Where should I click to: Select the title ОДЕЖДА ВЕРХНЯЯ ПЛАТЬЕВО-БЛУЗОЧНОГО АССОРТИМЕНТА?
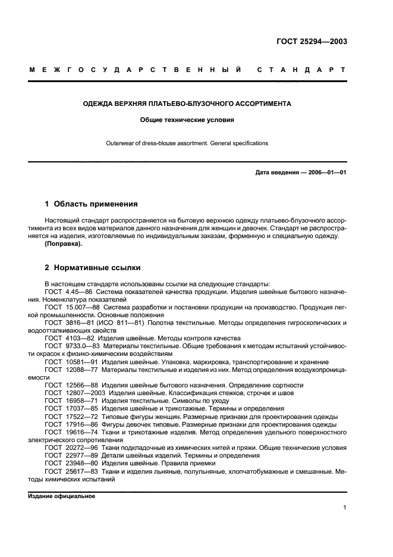[x=187, y=104]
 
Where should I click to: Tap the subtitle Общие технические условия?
[x=187, y=120]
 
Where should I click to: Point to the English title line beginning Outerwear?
[x=187, y=143]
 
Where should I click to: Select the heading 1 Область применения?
[x=92, y=204]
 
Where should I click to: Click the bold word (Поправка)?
[x=64, y=244]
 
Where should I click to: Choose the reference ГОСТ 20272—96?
[x=69, y=447]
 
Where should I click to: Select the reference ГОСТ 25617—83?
[x=69, y=470]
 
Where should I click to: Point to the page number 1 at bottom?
[x=345, y=508]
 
